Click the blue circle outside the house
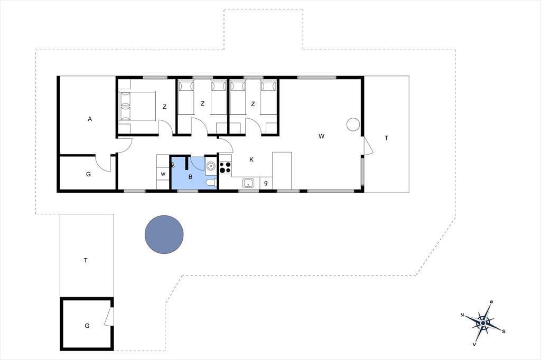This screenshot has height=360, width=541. point(164,234)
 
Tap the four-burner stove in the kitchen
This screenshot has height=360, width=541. point(225,167)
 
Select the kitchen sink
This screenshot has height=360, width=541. point(248,183)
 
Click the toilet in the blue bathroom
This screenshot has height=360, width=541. point(210,183)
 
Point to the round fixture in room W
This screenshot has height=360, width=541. point(353,124)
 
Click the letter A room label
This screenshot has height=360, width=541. point(90,119)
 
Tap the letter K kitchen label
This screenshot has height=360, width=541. point(251,159)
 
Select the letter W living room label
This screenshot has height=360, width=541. point(322,136)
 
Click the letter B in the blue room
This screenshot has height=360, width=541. point(190,177)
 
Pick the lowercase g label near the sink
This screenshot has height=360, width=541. point(266,183)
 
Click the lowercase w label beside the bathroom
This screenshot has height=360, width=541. point(163,174)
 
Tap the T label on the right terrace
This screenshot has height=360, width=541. point(386,138)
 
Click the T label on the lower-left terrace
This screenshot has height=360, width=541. point(86,260)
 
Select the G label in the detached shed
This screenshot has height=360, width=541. point(87,326)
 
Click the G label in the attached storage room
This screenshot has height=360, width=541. point(88,174)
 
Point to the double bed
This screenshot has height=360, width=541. point(137,106)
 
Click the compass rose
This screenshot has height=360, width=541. point(483,323)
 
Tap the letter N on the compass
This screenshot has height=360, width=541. point(462,315)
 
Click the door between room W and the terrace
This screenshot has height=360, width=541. point(368,146)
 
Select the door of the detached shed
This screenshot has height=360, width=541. point(109,316)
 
